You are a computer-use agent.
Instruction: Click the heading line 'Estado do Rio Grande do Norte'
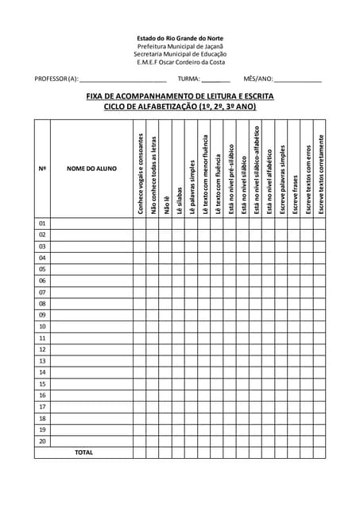(180, 37)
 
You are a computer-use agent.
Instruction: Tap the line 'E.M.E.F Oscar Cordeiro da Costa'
(180, 61)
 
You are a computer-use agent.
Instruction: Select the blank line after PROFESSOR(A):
(123, 80)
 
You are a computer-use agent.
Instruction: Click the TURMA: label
(188, 80)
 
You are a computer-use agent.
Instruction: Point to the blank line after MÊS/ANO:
(298, 80)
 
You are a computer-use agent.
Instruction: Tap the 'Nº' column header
(42, 169)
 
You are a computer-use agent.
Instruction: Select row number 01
(42, 223)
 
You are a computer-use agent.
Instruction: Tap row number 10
(42, 326)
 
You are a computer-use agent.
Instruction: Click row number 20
(42, 441)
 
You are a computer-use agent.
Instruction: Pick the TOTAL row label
(83, 453)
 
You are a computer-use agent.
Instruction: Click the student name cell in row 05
(91, 269)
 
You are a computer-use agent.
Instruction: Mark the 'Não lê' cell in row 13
(166, 360)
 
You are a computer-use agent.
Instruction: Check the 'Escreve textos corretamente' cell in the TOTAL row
(319, 453)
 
